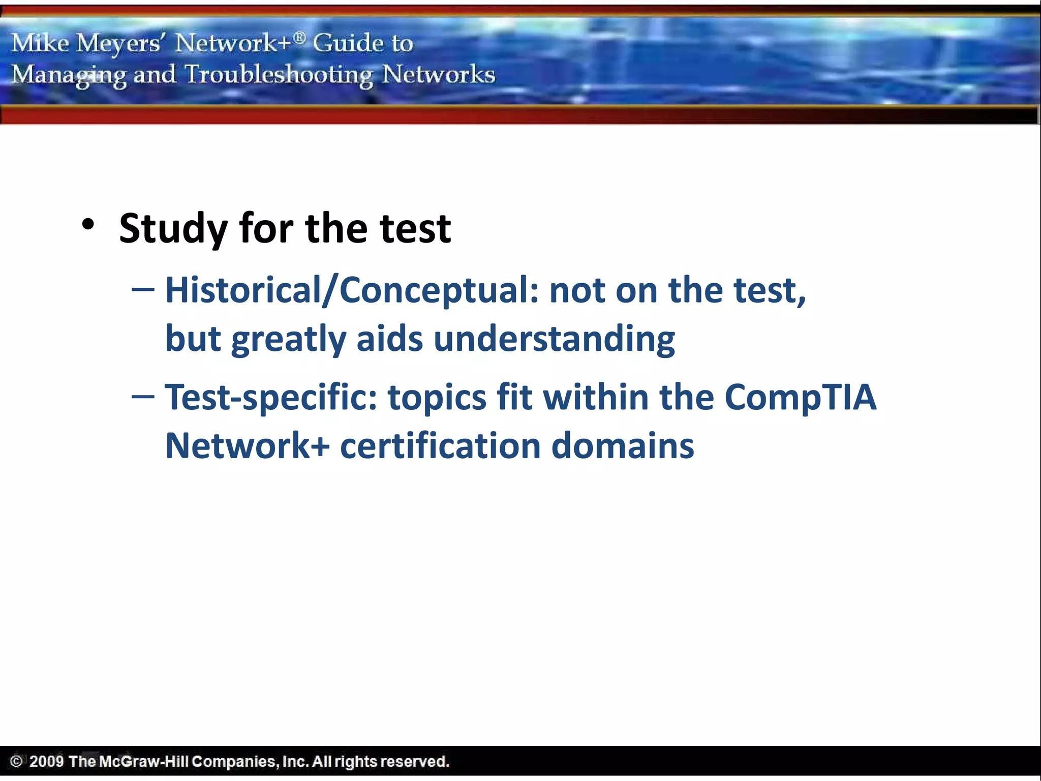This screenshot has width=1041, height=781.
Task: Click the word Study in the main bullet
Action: tap(173, 228)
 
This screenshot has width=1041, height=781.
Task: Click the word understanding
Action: tap(554, 339)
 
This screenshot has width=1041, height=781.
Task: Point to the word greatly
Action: tap(288, 340)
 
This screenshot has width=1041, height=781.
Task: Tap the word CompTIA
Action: tap(800, 397)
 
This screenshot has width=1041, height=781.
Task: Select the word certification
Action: tap(440, 445)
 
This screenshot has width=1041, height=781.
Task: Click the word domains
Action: tap(622, 445)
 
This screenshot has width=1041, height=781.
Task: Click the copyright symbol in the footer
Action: tap(16, 761)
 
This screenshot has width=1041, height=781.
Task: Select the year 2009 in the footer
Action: tap(46, 761)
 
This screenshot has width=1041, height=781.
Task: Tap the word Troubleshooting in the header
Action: tap(279, 75)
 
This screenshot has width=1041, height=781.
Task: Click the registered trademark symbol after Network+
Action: tap(299, 37)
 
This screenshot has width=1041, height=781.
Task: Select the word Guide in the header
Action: tap(345, 43)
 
